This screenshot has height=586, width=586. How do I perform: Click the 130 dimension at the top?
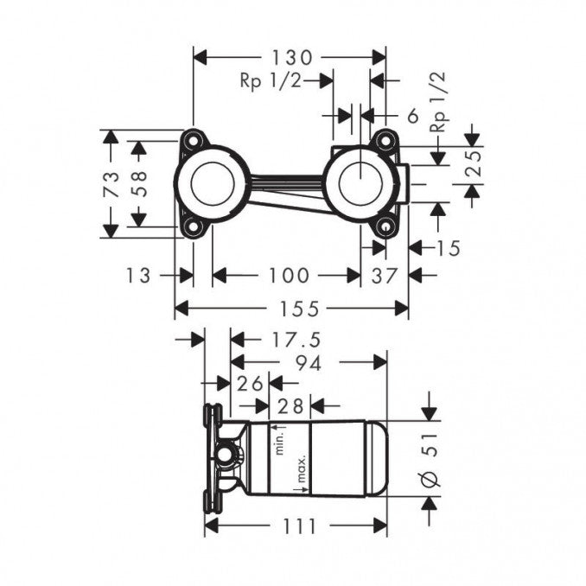coord(289,58)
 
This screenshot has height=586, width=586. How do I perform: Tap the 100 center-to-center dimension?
coord(287,275)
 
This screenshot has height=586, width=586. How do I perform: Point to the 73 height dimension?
coord(111,183)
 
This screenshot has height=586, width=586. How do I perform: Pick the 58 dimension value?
coord(138,183)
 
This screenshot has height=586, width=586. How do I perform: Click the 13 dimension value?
coord(137,275)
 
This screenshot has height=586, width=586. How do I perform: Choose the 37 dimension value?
coord(385,275)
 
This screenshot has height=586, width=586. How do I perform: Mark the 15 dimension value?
coord(448,248)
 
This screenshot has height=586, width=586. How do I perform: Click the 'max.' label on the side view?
coord(279,474)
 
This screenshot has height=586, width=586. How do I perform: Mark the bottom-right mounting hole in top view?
coord(385,226)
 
